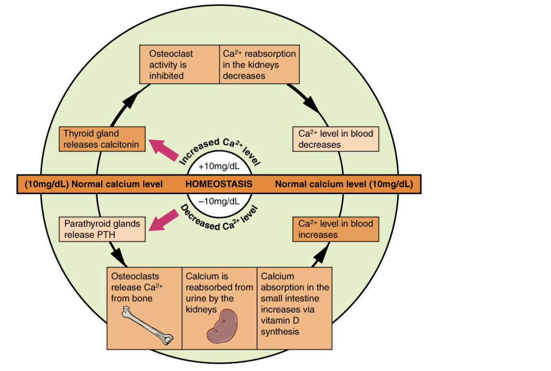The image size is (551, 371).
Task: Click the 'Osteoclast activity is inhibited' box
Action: point(179,64)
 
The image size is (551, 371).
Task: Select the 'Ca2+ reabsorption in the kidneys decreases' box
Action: point(259,64)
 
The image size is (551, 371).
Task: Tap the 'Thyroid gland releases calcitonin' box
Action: point(102,139)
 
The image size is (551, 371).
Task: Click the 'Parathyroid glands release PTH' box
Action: point(102,229)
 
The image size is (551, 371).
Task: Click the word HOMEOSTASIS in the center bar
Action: point(219,184)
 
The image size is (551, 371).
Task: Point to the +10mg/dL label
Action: point(219,167)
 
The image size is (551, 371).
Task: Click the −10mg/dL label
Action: point(219,201)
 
